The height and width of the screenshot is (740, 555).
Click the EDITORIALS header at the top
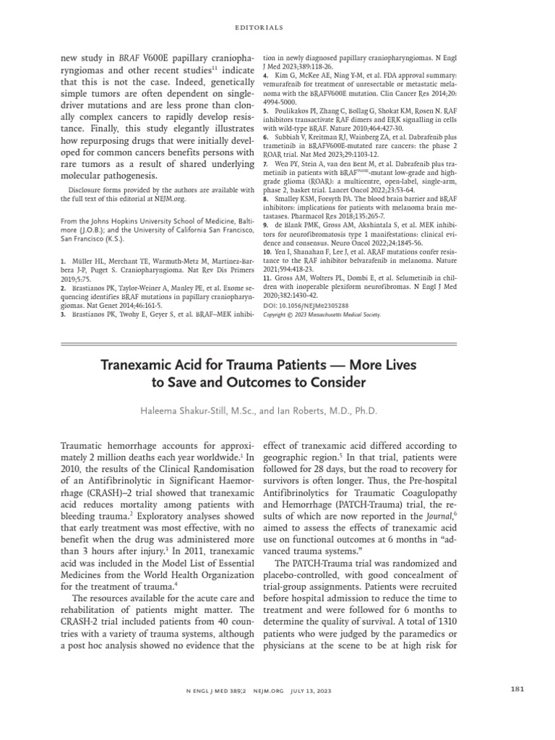pos(277,29)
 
